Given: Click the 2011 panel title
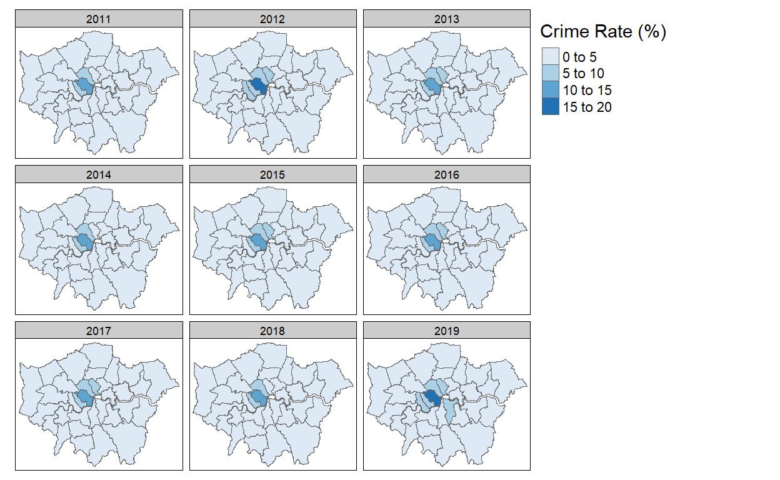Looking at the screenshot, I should tap(99, 19).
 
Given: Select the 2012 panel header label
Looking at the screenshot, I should tap(272, 19).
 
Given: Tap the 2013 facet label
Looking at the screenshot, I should tap(446, 19).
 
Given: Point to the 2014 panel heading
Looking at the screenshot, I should tap(99, 175).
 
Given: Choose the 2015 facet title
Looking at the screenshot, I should tap(272, 175).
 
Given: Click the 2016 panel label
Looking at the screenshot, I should tap(446, 175).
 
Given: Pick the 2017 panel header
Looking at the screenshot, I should tap(99, 331).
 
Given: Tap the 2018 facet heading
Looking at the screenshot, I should tap(272, 331).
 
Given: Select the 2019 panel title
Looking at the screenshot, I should tap(446, 331).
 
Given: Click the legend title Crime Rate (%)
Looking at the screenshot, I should tap(602, 32).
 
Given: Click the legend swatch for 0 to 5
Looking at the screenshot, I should tap(550, 57).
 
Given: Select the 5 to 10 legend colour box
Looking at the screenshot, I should tap(550, 74).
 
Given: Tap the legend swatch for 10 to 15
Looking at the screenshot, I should tap(550, 91).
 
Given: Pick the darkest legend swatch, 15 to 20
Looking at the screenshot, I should tap(550, 107).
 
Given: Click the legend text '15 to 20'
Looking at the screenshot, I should tap(587, 107).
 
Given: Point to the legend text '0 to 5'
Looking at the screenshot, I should tap(579, 57).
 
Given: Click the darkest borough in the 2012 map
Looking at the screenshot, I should tap(258, 87).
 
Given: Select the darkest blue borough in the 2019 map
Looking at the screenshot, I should tap(431, 398).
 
